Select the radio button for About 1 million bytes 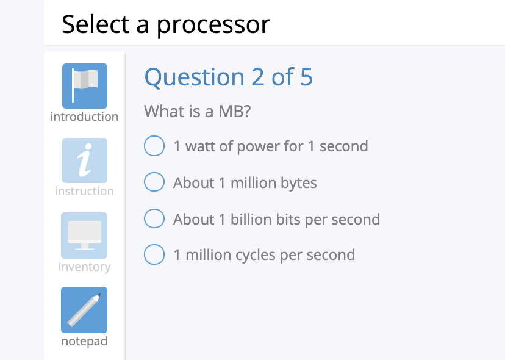click(154, 182)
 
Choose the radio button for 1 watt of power click(154, 146)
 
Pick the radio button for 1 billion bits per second click(154, 219)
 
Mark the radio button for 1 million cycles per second click(154, 254)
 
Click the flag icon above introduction click(84, 86)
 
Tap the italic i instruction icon click(84, 160)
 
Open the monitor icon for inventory click(84, 235)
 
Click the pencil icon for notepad click(84, 310)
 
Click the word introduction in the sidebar click(84, 117)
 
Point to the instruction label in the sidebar click(84, 191)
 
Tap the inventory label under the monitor click(84, 267)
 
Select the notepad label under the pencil click(84, 341)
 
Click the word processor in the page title click(213, 24)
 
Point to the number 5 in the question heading click(306, 77)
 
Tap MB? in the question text click(235, 112)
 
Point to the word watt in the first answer click(201, 146)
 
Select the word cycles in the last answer click(246, 255)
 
